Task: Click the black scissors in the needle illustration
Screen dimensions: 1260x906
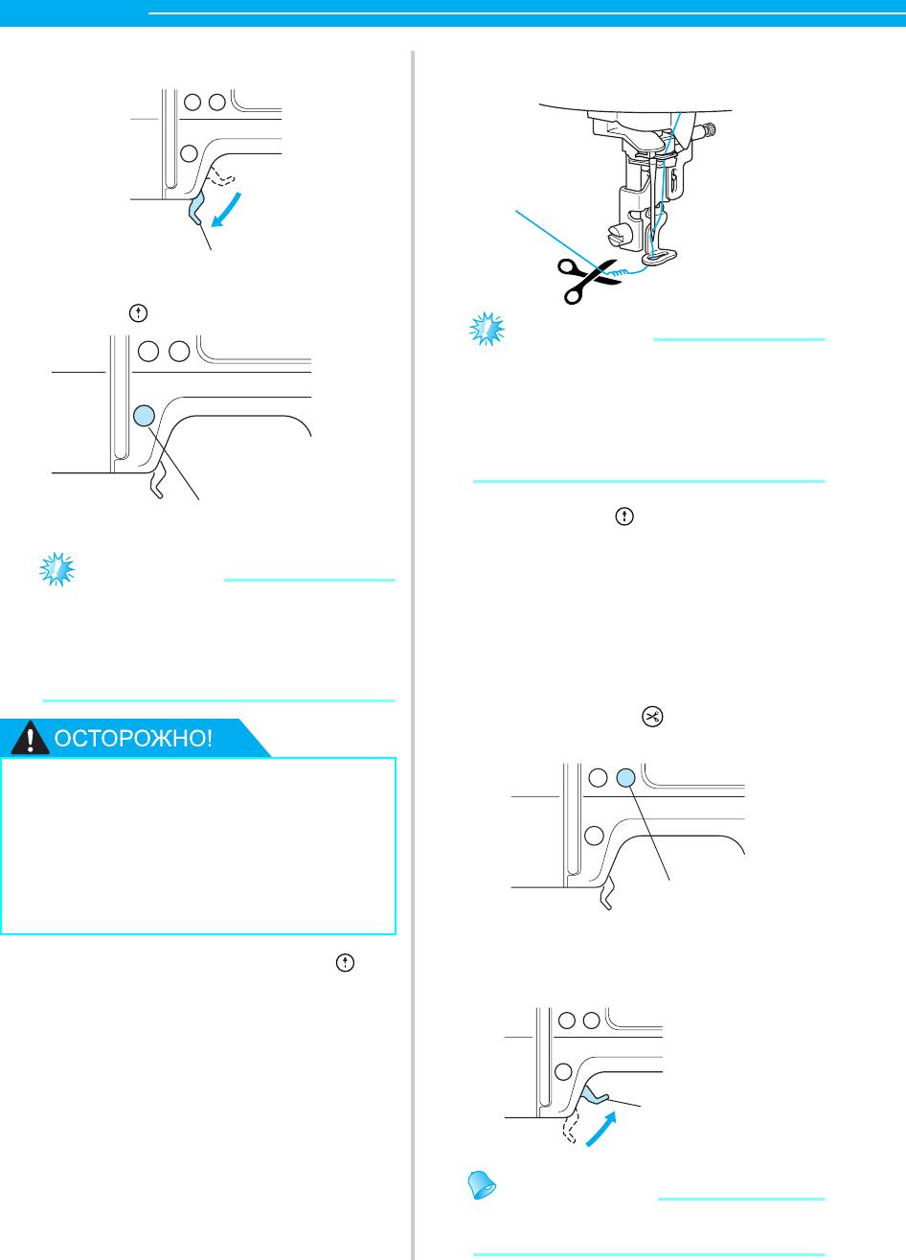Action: tap(587, 280)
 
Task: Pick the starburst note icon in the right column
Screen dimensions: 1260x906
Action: tap(487, 330)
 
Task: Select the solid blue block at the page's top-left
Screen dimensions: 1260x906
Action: tap(74, 8)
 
